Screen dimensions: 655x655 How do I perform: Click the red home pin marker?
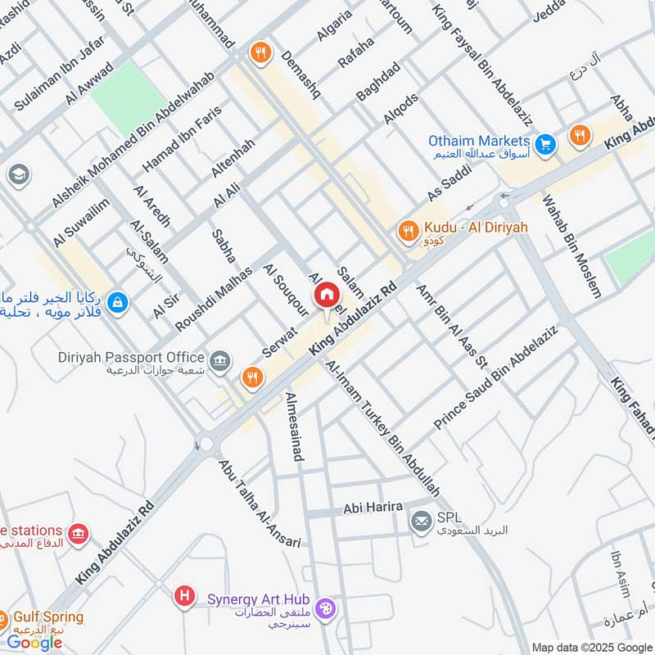(x=326, y=293)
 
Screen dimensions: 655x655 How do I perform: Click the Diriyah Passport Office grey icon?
(x=219, y=359)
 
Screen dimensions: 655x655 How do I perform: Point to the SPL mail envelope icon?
(x=422, y=520)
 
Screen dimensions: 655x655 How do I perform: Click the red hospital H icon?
(x=187, y=596)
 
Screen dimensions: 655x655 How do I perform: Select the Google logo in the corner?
(x=34, y=643)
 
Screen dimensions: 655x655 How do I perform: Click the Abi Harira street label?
(x=373, y=508)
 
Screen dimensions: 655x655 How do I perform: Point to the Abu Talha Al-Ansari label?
(x=259, y=502)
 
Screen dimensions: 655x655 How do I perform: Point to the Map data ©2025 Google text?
(x=592, y=646)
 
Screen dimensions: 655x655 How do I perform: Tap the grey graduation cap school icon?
(x=17, y=174)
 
